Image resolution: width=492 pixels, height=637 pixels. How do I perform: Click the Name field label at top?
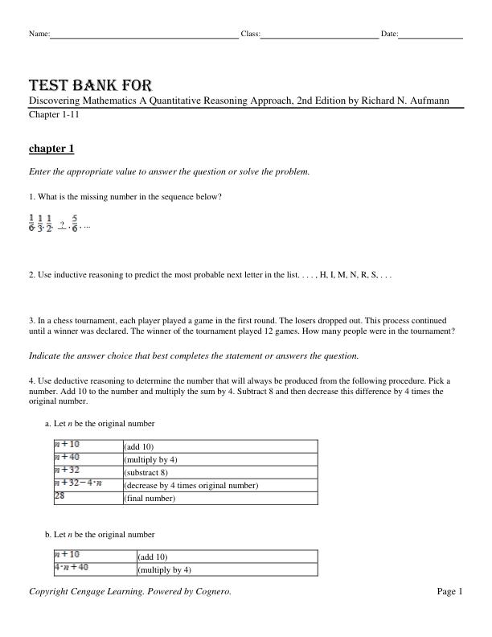click(39, 34)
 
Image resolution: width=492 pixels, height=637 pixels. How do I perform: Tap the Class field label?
click(250, 34)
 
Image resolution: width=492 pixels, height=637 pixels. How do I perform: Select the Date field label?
click(389, 34)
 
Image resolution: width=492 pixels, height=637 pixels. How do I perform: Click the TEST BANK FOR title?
click(90, 85)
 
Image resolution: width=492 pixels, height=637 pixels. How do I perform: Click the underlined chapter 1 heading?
click(51, 149)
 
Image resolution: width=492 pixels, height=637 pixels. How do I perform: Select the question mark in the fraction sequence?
click(62, 224)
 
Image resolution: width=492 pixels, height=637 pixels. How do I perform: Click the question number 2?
click(31, 275)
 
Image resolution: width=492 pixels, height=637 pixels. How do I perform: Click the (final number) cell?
click(149, 499)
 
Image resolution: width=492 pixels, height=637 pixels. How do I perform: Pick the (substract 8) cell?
click(146, 472)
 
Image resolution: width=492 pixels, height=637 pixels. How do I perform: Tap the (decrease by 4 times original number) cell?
click(191, 486)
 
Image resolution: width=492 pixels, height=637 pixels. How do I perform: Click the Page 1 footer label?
click(449, 592)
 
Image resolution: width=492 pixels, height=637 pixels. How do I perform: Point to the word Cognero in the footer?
click(213, 592)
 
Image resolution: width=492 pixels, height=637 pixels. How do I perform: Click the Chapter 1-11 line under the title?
click(54, 115)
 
